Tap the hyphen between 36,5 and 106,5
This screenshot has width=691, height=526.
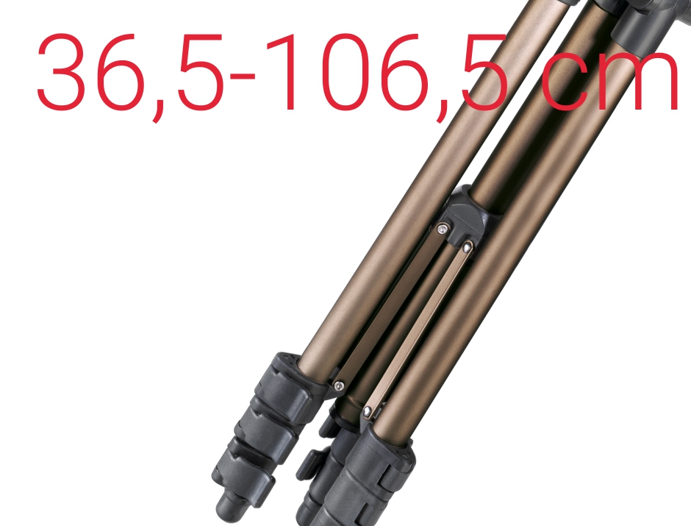tap(243, 77)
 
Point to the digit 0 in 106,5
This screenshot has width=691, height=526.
tap(345, 71)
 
